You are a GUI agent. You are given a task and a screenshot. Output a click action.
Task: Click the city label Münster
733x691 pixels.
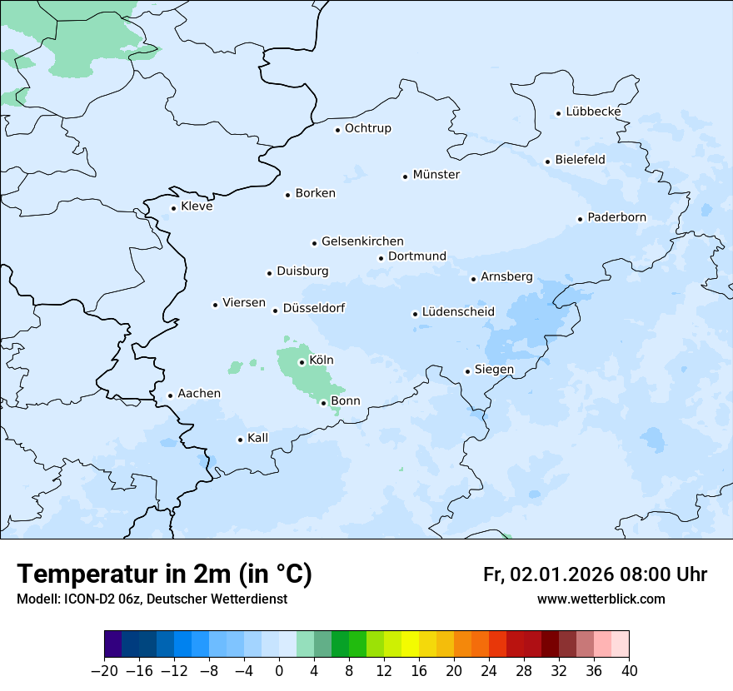436,175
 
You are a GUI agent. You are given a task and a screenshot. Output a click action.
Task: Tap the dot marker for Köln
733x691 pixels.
302,362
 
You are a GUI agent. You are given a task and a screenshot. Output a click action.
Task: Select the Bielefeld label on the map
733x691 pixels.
580,159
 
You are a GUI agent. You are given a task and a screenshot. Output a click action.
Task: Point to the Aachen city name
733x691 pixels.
199,394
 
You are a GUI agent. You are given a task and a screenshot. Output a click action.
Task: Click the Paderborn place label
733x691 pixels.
616,217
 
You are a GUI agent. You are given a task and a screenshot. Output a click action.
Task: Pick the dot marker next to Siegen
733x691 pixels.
468,371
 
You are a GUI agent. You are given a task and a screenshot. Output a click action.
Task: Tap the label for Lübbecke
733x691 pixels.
593,112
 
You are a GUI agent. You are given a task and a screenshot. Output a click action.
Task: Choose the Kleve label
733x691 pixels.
197,206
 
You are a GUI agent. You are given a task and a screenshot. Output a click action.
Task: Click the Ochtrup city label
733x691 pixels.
367,128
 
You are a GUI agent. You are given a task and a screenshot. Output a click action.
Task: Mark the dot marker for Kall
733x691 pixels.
241,440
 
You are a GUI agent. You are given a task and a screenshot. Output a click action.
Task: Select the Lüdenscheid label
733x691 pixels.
458,312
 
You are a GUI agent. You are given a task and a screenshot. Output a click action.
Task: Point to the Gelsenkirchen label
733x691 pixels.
362,241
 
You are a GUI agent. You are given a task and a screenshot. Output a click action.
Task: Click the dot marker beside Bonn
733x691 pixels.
324,403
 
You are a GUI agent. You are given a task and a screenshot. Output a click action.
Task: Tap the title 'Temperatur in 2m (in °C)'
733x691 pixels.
164,574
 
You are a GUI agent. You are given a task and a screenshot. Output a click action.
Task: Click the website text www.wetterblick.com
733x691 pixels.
601,599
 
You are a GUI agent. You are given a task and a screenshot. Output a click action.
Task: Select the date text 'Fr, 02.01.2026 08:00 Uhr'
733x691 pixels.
595,574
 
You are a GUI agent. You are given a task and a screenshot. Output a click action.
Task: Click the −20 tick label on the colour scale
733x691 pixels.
105,671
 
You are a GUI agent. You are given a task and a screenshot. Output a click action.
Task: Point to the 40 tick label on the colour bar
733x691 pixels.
629,671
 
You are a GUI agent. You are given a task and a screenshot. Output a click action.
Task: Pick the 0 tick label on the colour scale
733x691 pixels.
279,671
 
